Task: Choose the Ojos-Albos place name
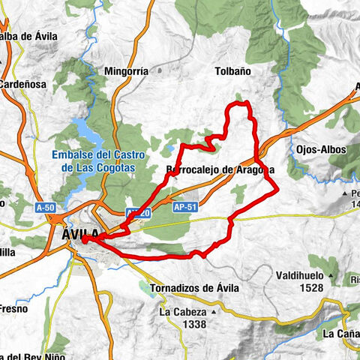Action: click(321, 149)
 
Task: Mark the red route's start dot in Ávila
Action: click(85, 240)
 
